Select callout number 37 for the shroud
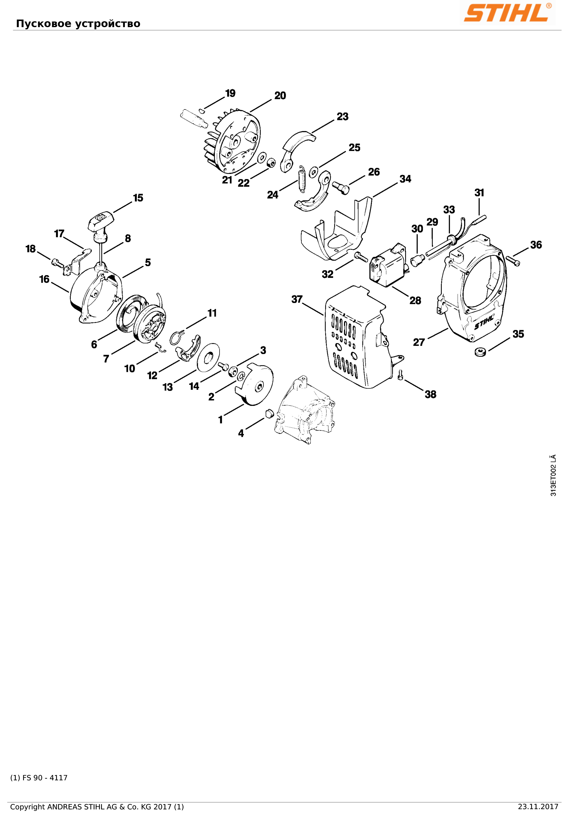[297, 299]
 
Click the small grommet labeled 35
[481, 352]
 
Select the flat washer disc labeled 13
[208, 357]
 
